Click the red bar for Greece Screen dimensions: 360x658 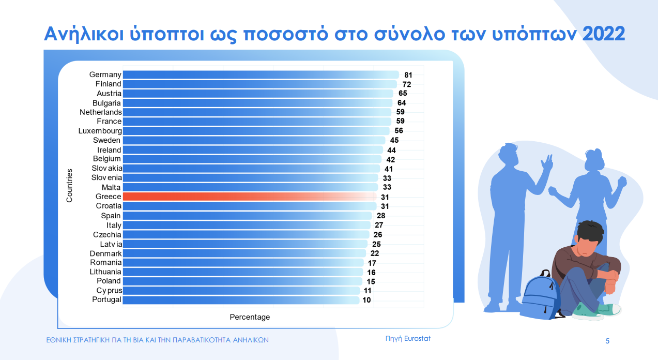coord(248,197)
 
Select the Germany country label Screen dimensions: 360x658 coord(105,74)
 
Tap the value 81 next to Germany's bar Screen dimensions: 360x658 coord(408,75)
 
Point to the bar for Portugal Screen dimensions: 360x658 coord(240,300)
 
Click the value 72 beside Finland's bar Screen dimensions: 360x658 coord(407,84)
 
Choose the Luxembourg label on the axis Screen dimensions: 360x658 coord(100,131)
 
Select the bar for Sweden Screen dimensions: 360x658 coord(253,140)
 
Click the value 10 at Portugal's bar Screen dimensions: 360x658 coord(366,300)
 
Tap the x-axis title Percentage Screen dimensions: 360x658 coord(250,317)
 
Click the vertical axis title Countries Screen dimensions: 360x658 coord(70,185)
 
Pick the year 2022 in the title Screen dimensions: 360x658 coord(604,34)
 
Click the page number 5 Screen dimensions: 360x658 coord(607,341)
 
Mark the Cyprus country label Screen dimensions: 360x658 coord(109,291)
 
